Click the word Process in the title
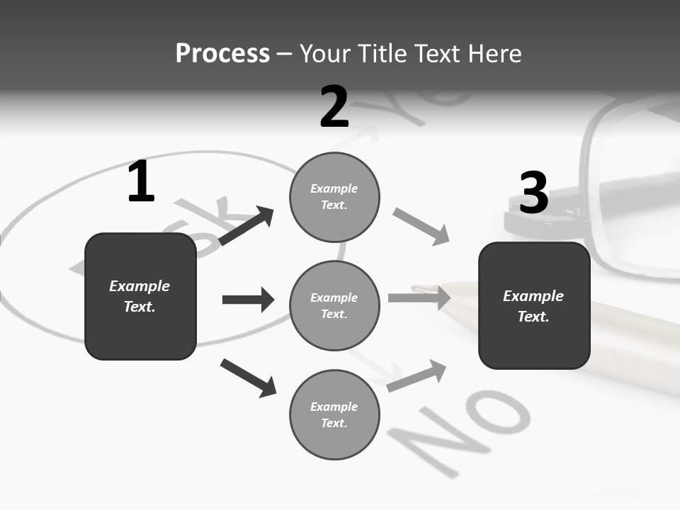[222, 54]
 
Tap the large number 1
[141, 182]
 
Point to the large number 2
[334, 107]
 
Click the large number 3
[533, 193]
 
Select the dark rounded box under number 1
[140, 296]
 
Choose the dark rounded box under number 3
[534, 306]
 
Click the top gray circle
[334, 197]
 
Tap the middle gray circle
[334, 306]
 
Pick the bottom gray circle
[334, 415]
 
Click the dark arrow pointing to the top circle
[246, 226]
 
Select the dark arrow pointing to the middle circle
[248, 300]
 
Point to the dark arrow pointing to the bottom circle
[248, 378]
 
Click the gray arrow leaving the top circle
[421, 227]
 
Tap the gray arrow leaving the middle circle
[419, 297]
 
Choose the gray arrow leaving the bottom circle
[417, 376]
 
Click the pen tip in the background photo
[421, 289]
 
